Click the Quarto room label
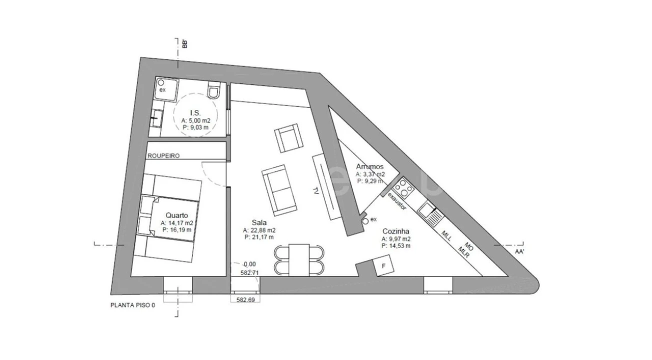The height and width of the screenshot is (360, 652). (177, 215)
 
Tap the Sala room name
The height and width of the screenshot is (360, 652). (259, 222)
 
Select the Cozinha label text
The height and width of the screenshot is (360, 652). (396, 231)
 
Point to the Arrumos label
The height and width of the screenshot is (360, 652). (369, 166)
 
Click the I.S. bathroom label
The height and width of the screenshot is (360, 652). (195, 112)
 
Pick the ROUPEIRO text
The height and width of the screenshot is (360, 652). (163, 155)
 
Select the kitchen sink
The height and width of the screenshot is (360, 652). (429, 212)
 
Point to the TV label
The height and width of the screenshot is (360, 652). (316, 191)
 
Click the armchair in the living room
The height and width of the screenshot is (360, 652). (288, 138)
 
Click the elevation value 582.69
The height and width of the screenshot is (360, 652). (245, 299)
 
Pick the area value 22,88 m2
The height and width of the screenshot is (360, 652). (259, 230)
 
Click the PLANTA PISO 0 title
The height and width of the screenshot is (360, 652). (133, 305)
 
